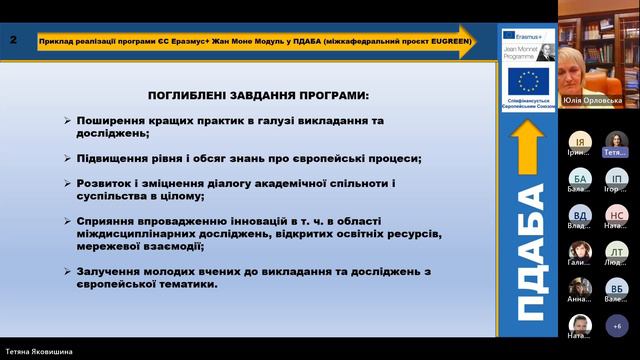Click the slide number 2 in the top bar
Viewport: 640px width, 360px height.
[x=12, y=40]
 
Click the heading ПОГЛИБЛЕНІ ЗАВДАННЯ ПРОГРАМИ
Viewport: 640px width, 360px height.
[x=258, y=96]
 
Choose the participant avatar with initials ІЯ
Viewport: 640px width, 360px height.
[x=580, y=142]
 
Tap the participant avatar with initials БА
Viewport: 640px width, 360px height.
[x=580, y=179]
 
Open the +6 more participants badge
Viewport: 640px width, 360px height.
[x=616, y=326]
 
